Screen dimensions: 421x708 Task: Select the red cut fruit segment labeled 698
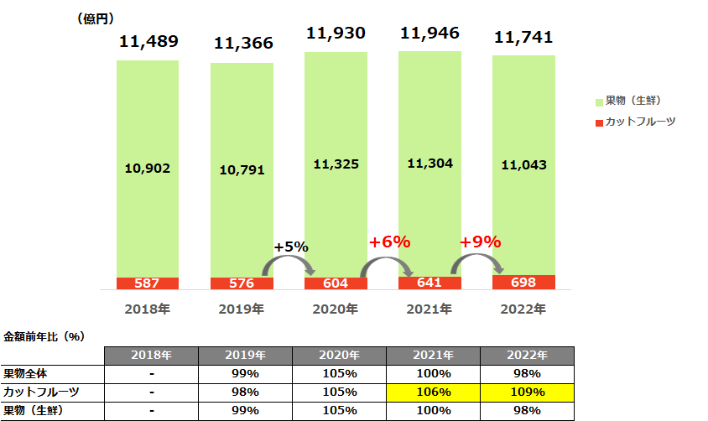(x=523, y=283)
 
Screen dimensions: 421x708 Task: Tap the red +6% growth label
(x=389, y=242)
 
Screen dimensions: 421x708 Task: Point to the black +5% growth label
(x=291, y=247)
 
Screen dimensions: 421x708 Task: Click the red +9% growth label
(x=480, y=242)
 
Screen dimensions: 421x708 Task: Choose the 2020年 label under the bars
(x=336, y=309)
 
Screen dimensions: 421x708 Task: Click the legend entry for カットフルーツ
(x=635, y=122)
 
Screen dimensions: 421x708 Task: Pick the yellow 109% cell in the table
(x=528, y=392)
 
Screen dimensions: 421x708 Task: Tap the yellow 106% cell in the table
(x=434, y=392)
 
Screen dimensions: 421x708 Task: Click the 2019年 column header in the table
(x=246, y=355)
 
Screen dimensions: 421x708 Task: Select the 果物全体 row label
(x=26, y=373)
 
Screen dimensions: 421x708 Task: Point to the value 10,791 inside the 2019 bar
(x=242, y=169)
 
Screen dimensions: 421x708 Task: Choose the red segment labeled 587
(x=148, y=283)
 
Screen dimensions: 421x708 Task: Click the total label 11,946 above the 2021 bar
(x=429, y=34)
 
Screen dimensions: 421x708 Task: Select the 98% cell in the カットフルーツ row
(x=246, y=392)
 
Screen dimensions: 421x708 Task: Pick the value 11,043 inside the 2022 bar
(x=523, y=165)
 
